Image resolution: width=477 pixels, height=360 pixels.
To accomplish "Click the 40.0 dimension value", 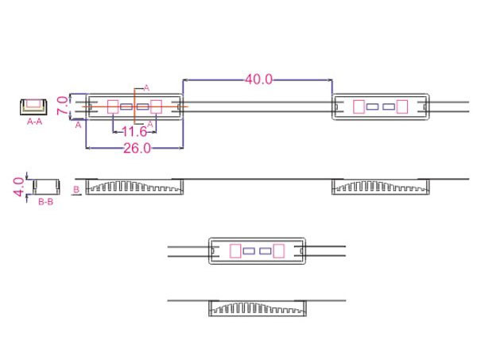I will click(258, 79).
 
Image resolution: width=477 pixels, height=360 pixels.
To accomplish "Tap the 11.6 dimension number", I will click(134, 131).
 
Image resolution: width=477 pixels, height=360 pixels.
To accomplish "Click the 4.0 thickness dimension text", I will click(18, 188).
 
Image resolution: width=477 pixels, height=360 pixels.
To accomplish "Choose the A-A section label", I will click(35, 123).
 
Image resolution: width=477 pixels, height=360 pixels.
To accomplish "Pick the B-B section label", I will click(45, 203).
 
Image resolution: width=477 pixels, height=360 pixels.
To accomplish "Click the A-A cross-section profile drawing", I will click(35, 106).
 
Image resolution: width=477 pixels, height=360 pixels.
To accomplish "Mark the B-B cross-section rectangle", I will click(46, 187).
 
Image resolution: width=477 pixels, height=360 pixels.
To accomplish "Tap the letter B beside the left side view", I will click(76, 191).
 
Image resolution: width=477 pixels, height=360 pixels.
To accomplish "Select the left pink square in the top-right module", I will click(359, 106).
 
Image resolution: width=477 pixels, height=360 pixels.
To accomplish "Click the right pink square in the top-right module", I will click(401, 106).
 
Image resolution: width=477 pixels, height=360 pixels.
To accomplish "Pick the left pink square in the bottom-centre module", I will click(235, 251).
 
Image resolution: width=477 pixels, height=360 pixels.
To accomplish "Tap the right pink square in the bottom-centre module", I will click(277, 251).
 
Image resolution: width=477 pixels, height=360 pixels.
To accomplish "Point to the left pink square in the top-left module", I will click(113, 106).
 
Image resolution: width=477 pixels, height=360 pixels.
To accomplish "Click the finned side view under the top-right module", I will click(380, 187).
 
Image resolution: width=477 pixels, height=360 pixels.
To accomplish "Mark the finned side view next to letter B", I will click(134, 187).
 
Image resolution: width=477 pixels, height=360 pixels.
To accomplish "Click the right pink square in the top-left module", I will click(156, 106).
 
